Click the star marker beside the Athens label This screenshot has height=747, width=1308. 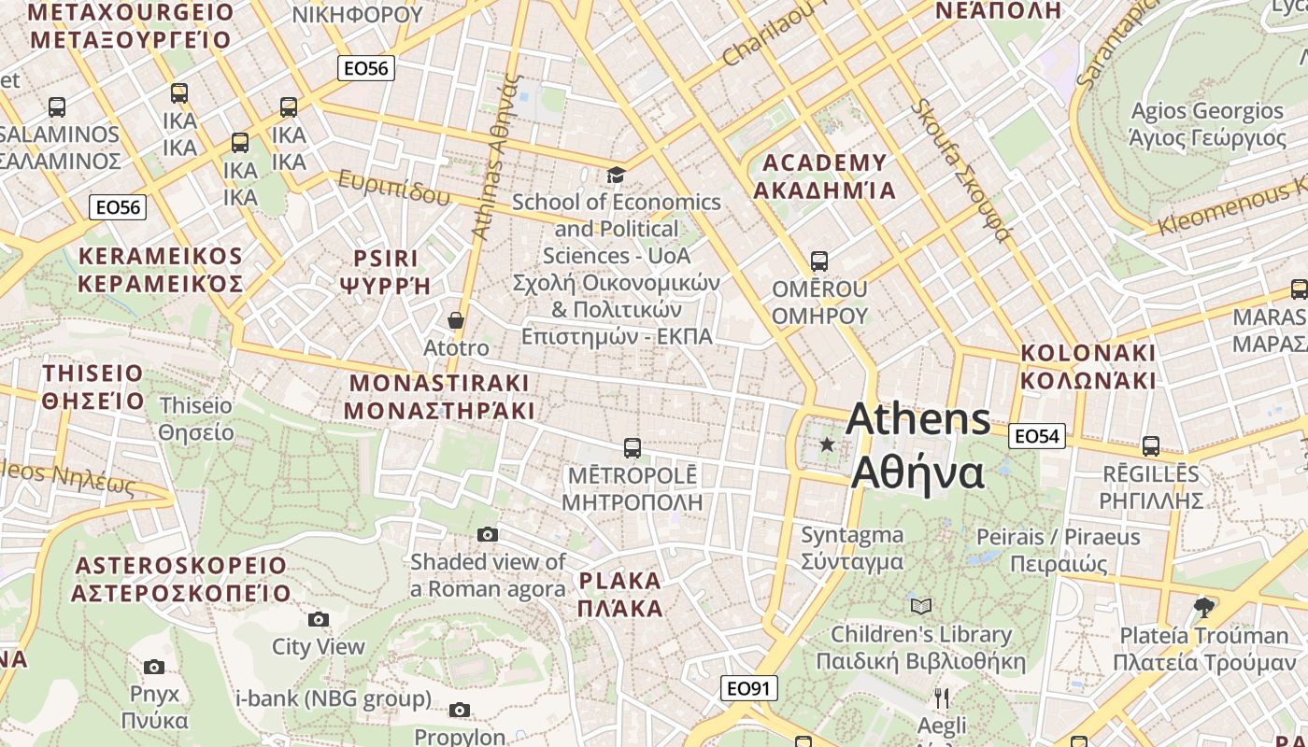(827, 444)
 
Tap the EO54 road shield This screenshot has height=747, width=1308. (1037, 436)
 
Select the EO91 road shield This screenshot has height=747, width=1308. (749, 689)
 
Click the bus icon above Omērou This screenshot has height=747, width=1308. (819, 261)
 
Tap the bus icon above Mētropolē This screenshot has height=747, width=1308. (633, 448)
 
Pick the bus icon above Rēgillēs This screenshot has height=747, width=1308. (1150, 446)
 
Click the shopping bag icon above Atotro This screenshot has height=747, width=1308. (456, 320)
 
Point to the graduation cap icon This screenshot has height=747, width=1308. (616, 175)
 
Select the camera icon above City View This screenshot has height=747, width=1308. (319, 619)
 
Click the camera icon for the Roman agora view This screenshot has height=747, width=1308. (488, 535)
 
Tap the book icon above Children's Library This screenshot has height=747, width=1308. (921, 607)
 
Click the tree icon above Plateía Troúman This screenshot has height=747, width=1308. (1204, 608)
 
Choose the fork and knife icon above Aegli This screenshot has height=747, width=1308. (942, 698)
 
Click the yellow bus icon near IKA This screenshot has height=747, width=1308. (179, 92)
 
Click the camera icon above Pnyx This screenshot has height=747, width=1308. (154, 667)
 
